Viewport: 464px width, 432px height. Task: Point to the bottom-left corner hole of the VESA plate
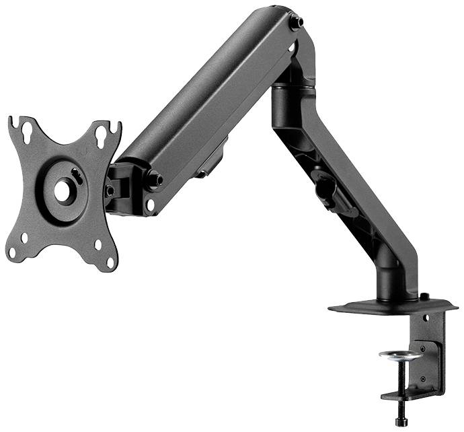pyautogui.click(x=24, y=238)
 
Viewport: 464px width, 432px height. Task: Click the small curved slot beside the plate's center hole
pyautogui.click(x=77, y=176)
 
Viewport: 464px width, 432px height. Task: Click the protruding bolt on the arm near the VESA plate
pyautogui.click(x=154, y=180)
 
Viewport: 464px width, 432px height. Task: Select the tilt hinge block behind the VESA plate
pyautogui.click(x=120, y=188)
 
